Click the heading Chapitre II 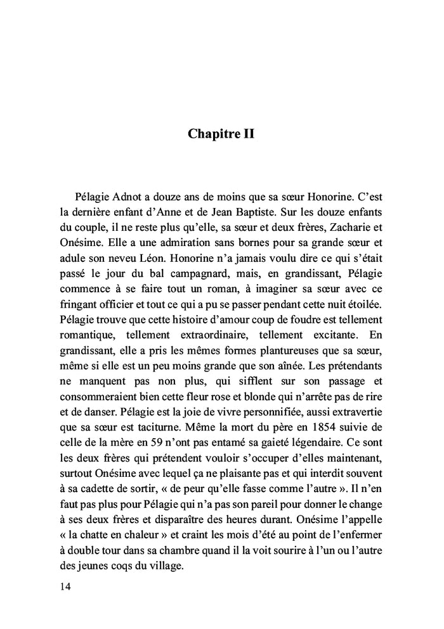pos(221,134)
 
